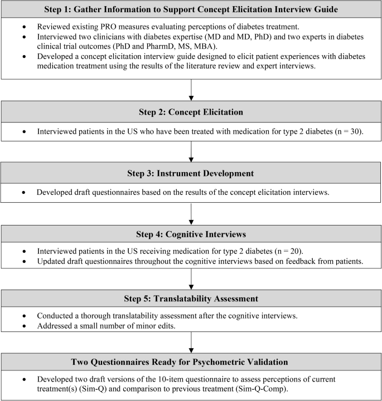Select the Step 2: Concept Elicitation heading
coord(191,111)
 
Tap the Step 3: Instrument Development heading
coord(191,173)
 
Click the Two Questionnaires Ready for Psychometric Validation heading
coord(191,361)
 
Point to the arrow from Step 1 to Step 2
coord(191,89)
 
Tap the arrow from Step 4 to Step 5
coord(191,277)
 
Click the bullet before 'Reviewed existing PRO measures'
coord(23,27)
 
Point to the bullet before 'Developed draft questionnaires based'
coord(23,193)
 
